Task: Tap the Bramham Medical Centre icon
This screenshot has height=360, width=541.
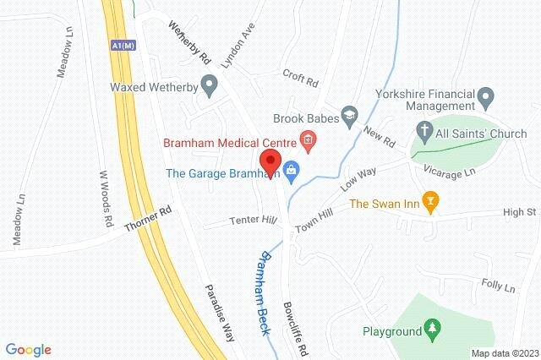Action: pos(308,139)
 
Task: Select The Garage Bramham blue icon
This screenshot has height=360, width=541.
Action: pos(292,172)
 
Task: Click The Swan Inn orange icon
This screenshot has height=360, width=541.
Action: pos(431,202)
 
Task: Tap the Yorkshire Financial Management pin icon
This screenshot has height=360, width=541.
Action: pos(486,99)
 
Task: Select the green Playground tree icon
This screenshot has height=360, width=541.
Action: pos(433,328)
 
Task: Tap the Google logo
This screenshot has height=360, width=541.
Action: pos(29,349)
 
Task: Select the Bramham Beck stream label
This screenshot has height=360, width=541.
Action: pos(265,293)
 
